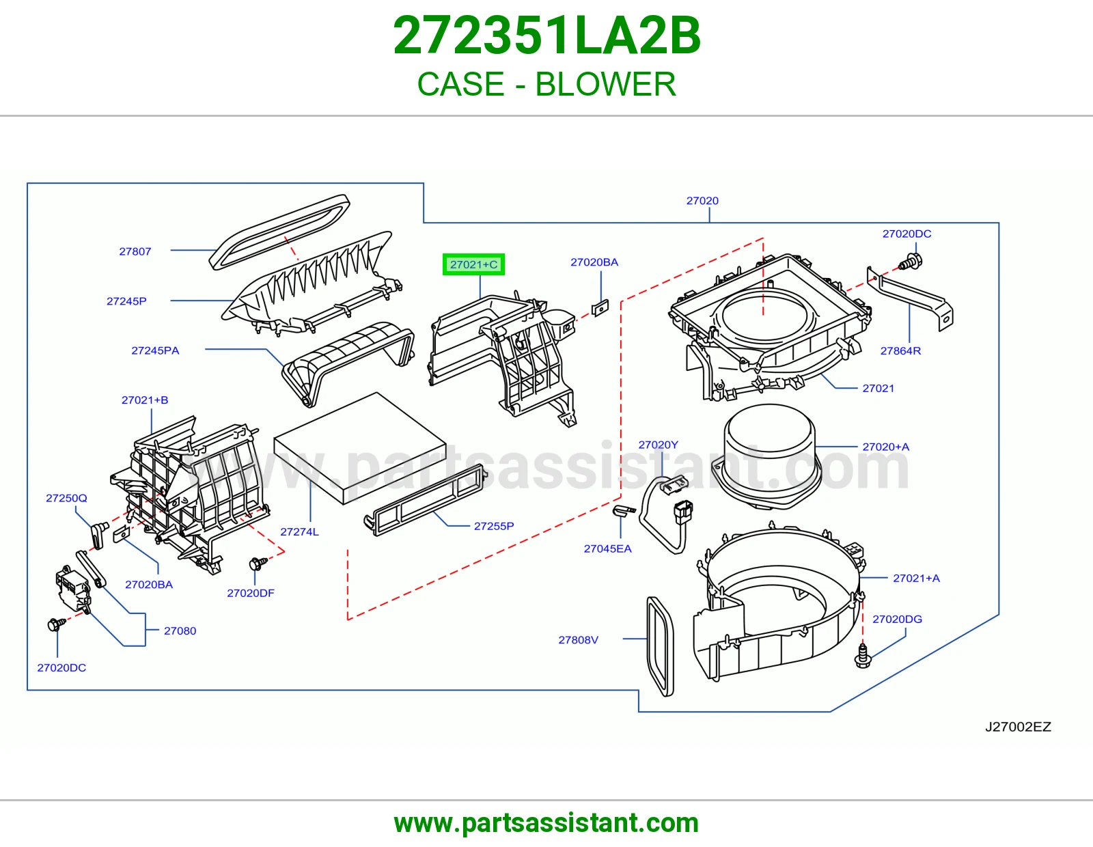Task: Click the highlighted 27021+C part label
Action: click(x=473, y=264)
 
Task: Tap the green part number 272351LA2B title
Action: click(x=546, y=36)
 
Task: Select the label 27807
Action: click(x=135, y=251)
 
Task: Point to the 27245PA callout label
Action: click(x=155, y=350)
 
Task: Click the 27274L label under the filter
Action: click(x=299, y=531)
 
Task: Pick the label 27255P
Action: click(x=494, y=526)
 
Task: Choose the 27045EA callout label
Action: click(x=607, y=549)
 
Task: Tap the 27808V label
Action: click(x=578, y=640)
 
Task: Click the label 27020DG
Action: click(x=897, y=619)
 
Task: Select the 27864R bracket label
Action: click(x=900, y=351)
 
